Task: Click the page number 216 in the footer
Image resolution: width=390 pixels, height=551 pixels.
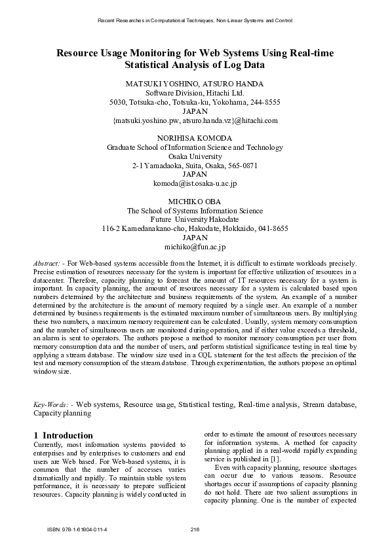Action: coord(195,529)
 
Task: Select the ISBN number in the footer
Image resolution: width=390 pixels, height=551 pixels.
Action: coord(83,529)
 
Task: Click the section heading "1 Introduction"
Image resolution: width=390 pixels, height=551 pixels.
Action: coord(63,435)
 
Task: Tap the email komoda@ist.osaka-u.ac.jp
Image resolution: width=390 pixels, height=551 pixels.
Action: coord(195,184)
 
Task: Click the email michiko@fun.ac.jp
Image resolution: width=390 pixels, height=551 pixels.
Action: coord(195,247)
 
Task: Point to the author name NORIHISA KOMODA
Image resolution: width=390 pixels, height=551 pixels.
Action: coord(195,139)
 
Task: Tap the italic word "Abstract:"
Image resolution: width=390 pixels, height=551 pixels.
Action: coord(48,262)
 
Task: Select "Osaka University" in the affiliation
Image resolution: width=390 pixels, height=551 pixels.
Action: coord(195,157)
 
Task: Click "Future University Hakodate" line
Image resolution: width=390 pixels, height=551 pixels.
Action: coord(195,220)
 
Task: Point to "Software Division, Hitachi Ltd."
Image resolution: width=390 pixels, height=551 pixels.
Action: coord(195,94)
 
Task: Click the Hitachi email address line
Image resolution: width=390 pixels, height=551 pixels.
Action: coord(195,120)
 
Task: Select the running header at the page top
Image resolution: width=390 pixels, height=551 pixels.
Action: coord(195,21)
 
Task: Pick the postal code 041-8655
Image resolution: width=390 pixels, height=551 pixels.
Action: coord(272,229)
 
